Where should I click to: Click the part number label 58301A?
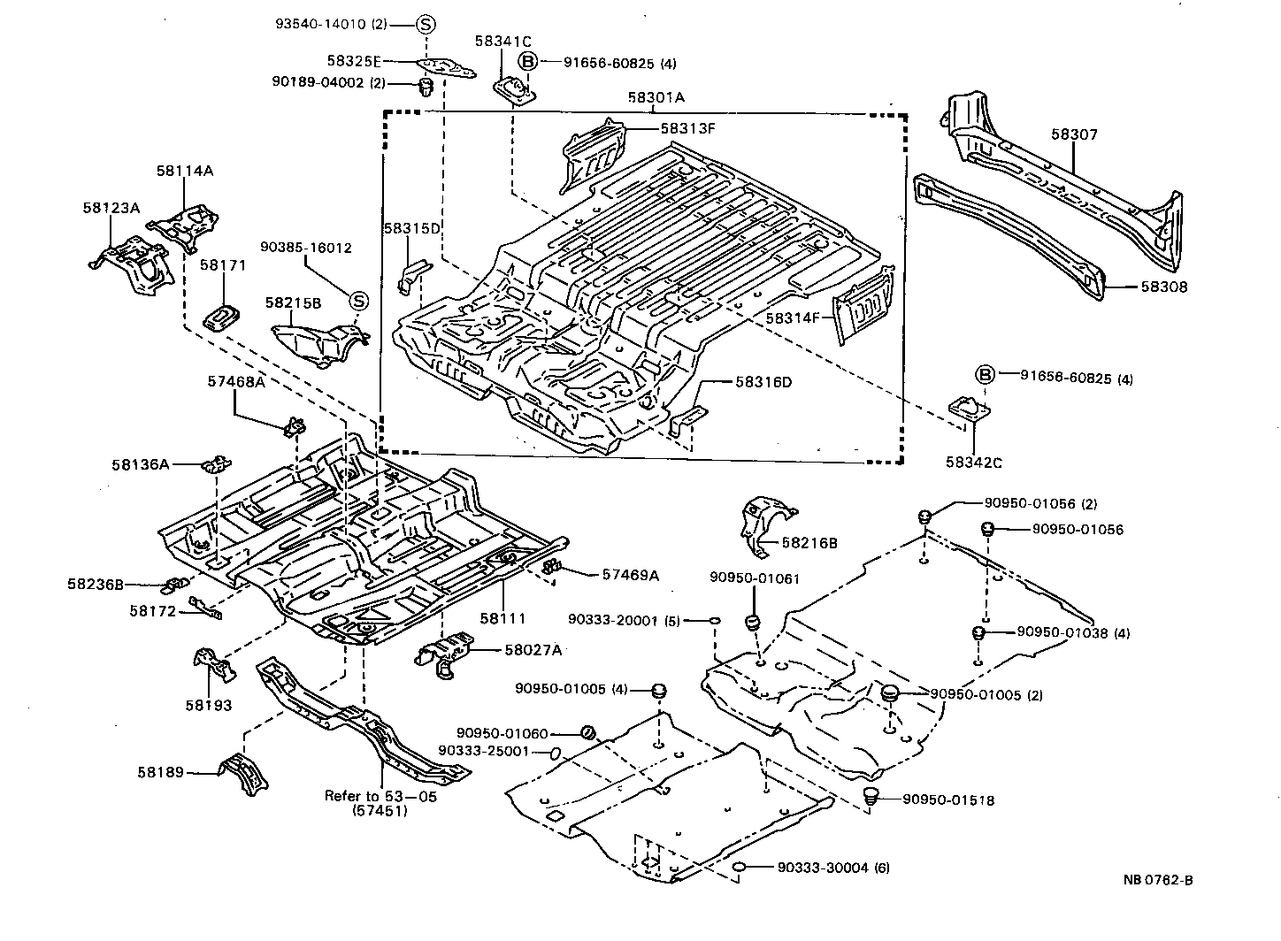(x=656, y=98)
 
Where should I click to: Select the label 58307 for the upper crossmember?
(x=1074, y=134)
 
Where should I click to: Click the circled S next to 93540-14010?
(x=425, y=25)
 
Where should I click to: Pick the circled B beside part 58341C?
(x=527, y=62)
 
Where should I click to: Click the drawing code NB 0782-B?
(x=1158, y=879)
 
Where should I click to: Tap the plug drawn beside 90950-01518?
(x=871, y=796)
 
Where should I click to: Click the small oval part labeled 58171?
(x=221, y=316)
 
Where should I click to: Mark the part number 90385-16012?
(x=305, y=248)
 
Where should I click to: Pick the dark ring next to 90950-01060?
(x=587, y=732)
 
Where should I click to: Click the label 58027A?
(x=533, y=650)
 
